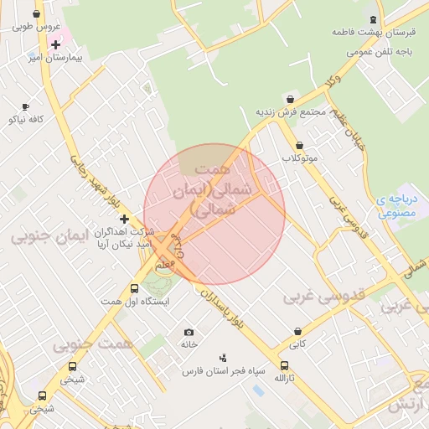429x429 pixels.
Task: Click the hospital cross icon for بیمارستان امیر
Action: [55, 44]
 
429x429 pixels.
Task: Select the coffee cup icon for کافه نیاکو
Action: [25, 106]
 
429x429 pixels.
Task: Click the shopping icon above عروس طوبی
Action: [36, 14]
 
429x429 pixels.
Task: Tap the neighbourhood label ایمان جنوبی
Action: [49, 237]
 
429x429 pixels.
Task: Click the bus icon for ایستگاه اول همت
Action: [134, 289]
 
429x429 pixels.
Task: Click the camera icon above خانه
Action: [189, 333]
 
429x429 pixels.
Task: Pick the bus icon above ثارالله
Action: [285, 365]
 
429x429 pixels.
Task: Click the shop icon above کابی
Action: [297, 332]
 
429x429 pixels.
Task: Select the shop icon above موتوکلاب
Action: [299, 146]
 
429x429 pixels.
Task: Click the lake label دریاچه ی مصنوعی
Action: [397, 206]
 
